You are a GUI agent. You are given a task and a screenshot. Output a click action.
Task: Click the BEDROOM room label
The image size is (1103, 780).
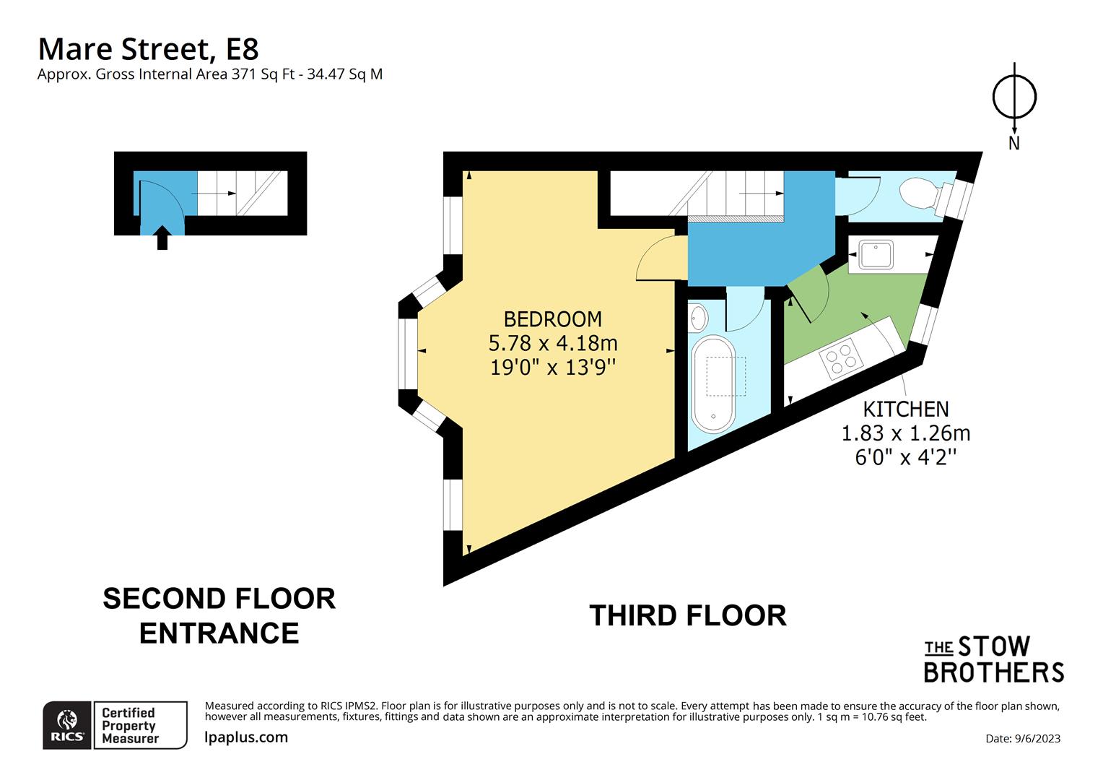[552, 318]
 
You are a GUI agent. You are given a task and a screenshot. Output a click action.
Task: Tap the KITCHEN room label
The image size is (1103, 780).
[905, 409]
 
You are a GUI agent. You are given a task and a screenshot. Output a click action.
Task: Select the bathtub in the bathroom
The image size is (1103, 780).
[713, 384]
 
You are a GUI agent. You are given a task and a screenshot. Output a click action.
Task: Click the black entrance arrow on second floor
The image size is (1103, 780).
[162, 238]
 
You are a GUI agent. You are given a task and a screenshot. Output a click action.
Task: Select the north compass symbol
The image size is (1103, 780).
[1014, 97]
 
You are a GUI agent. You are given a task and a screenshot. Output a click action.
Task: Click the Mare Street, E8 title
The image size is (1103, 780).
[148, 49]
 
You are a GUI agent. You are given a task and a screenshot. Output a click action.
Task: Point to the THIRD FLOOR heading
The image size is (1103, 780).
[687, 616]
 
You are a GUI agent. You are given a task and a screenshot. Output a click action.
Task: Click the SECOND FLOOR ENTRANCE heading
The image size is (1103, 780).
[219, 616]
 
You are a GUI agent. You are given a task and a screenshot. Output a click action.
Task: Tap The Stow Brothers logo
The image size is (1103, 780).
[993, 659]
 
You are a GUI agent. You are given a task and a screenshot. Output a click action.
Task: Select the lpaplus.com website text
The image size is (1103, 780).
[246, 737]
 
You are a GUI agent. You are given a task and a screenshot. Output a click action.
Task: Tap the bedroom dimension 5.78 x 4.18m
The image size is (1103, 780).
[553, 342]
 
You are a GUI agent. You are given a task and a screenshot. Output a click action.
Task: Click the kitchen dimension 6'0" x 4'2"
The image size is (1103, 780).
[905, 457]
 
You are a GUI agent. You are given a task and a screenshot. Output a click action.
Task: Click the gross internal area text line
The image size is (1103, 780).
[210, 74]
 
